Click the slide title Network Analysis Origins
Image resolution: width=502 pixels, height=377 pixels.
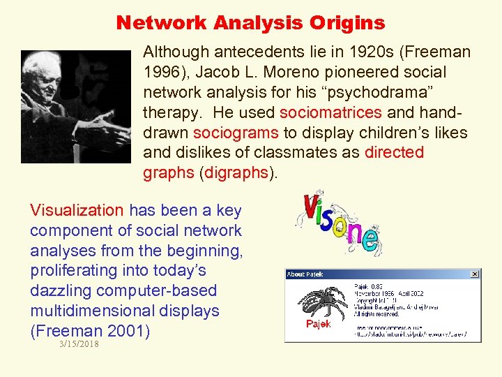click(250, 22)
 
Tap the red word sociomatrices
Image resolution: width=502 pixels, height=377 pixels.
click(330, 112)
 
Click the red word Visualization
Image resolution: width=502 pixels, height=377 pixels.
click(77, 210)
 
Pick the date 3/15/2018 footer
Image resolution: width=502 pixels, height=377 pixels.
click(79, 343)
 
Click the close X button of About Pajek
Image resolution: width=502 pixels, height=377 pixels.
click(475, 274)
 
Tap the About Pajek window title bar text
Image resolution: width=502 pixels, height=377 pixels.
click(306, 274)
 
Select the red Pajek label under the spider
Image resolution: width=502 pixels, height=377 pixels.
click(318, 325)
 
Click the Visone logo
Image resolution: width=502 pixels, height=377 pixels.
click(337, 223)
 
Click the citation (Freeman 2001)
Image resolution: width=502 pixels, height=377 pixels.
click(90, 331)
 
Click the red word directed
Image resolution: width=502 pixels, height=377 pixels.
click(394, 153)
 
